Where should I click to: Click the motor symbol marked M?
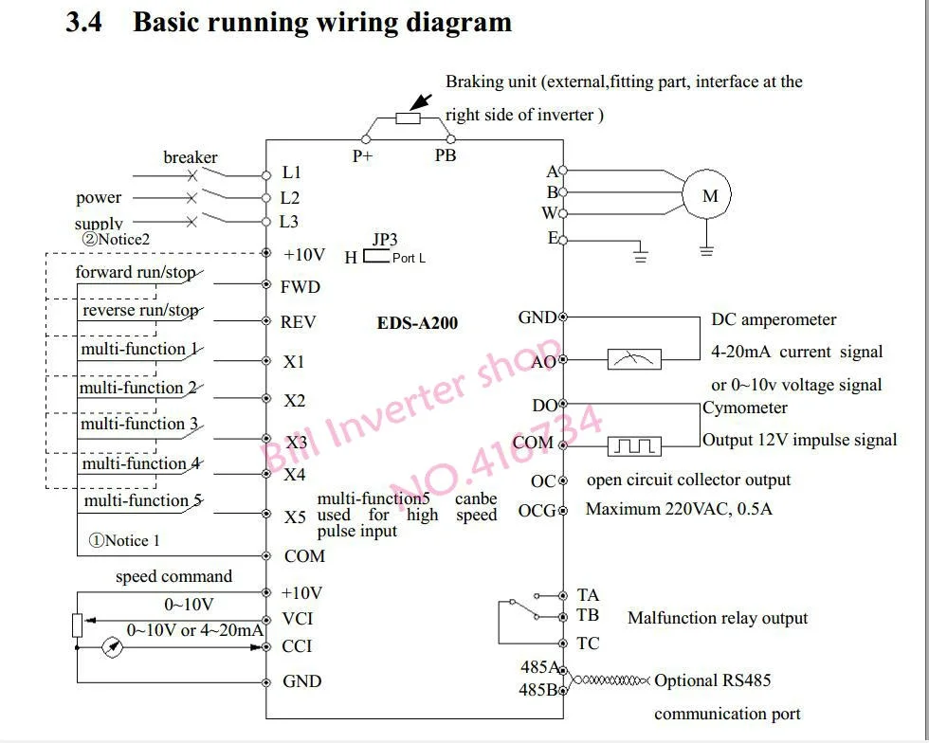710,197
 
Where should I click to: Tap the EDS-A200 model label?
417,323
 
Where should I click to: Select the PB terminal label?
446,155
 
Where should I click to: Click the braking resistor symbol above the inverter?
407,118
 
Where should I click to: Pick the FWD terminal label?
301,287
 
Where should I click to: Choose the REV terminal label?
298,322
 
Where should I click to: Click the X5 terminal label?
295,516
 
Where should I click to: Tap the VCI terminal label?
297,619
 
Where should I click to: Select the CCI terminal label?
297,646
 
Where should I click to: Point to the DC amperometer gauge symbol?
633,359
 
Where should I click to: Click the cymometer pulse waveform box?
633,444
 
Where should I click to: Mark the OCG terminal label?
537,511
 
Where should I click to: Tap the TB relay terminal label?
588,615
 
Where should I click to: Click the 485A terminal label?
539,667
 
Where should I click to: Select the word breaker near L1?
191,157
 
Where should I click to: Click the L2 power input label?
290,198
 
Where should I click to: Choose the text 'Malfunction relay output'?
718,619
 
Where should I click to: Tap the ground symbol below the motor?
706,250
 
